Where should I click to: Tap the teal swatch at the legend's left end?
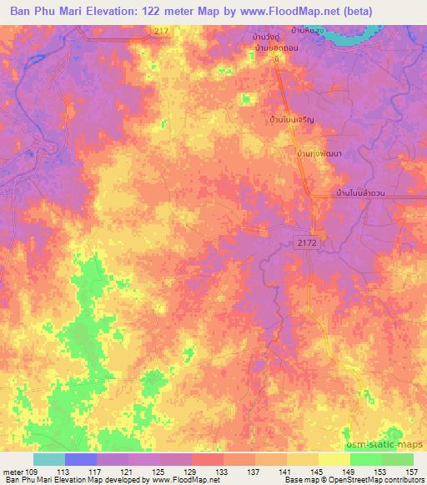49,458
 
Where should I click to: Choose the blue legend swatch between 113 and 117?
81,458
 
